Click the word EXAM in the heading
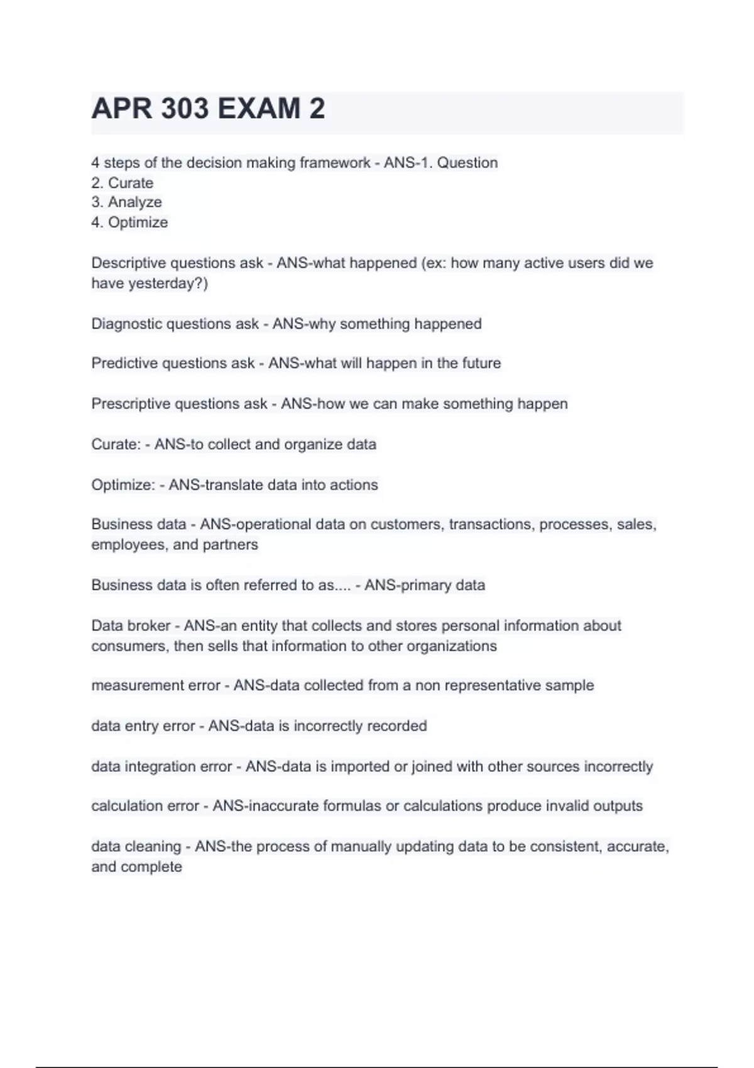coord(259,109)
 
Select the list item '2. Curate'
coord(123,183)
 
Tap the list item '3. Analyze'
coord(126,202)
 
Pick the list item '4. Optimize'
coord(129,222)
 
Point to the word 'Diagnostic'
coord(127,324)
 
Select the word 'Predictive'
coord(124,364)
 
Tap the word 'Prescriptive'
coord(130,404)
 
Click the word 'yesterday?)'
coord(168,283)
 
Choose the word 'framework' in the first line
coord(335,163)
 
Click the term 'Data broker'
coord(131,626)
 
